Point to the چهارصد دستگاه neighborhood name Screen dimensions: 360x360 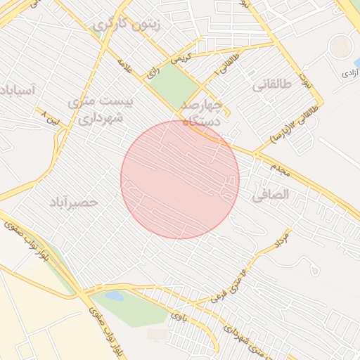pos(202,112)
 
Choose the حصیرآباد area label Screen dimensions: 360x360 pos(73,202)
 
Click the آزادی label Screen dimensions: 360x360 pos(349,72)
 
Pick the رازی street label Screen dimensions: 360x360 pos(152,72)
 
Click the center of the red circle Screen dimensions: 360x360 pos(180,180)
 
